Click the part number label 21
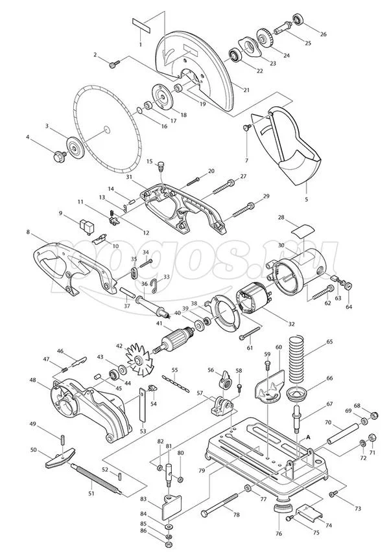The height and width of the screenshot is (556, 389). pos(246,90)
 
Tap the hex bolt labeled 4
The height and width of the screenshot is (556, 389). pos(58,156)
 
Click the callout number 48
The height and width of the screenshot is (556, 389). pos(33,380)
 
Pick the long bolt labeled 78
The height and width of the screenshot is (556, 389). pos(220,504)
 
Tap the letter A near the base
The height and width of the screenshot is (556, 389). pos(308,437)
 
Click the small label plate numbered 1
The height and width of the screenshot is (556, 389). pos(141,22)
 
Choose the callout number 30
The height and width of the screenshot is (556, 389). pos(281,245)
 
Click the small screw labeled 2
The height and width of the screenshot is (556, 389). pos(115,64)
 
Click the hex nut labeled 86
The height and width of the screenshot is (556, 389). pos(168,543)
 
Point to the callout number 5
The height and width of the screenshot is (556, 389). pos(307,200)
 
